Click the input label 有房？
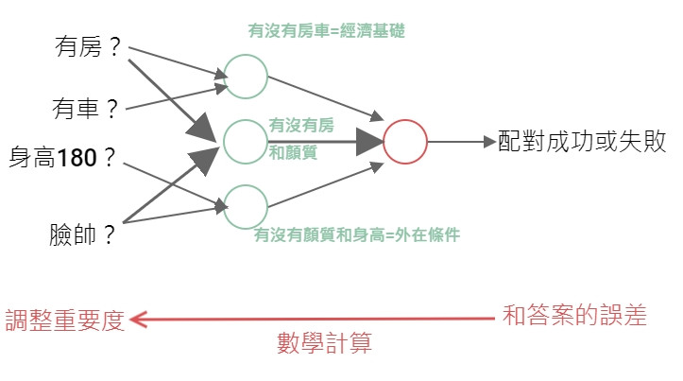point(91,47)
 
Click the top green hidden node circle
point(246,77)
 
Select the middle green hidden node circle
point(246,142)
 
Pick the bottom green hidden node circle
point(246,207)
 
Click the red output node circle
point(406,143)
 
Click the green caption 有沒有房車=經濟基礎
point(326,31)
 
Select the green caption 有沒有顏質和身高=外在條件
point(356,235)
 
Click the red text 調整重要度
point(64,320)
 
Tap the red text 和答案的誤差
point(574,316)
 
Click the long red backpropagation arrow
point(312,320)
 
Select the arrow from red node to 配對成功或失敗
point(463,143)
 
